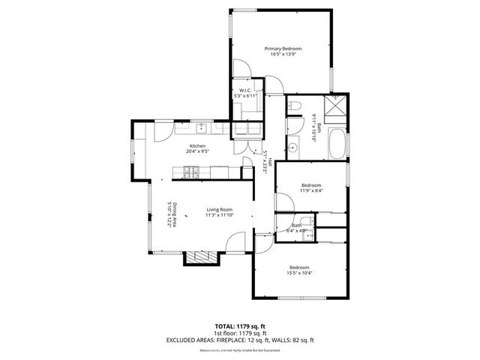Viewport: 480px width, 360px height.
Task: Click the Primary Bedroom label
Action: point(283,49)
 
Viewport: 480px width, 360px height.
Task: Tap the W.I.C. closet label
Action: point(245,91)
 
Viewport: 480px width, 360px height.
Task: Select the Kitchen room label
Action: point(197,145)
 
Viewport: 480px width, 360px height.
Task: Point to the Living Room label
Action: point(220,209)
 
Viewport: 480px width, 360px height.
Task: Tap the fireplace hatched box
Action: point(201,258)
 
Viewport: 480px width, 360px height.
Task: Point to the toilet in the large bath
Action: point(294,106)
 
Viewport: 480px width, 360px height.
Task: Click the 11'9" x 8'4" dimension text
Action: point(311,190)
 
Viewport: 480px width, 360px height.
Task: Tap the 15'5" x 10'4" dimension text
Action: point(299,273)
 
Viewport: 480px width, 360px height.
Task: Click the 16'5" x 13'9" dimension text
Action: point(283,55)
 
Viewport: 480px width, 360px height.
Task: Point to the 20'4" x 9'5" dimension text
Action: point(197,151)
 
